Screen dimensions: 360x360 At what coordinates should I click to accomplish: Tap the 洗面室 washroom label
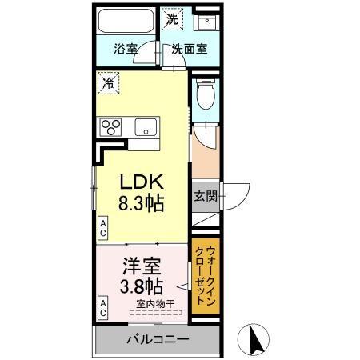190,48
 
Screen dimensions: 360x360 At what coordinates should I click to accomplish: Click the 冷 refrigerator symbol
107,82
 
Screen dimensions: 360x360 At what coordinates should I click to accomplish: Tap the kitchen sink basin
146,126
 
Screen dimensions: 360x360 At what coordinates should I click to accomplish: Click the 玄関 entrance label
202,196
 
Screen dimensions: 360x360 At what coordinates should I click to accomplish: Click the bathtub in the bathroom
126,22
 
